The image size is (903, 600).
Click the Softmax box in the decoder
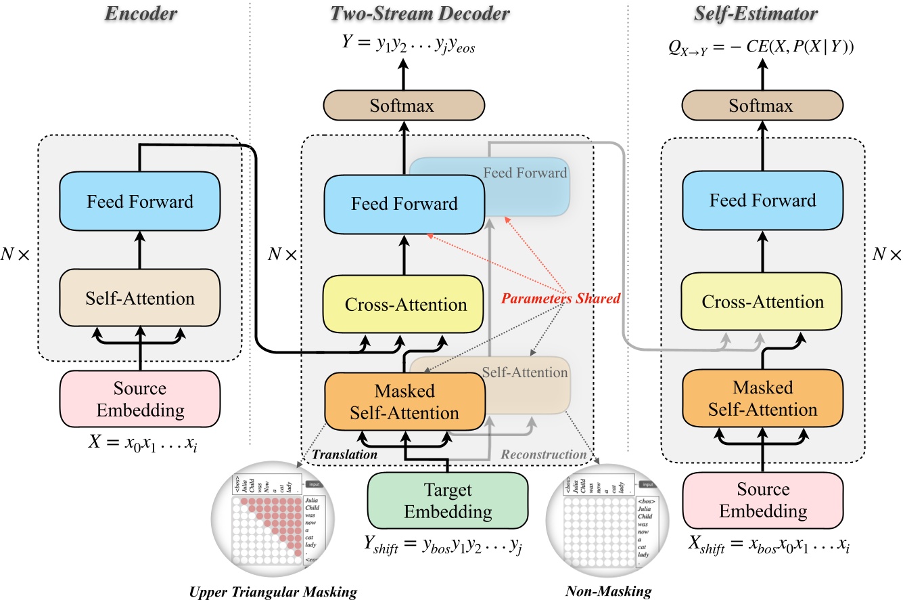tap(404, 107)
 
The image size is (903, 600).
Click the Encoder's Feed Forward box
tap(140, 202)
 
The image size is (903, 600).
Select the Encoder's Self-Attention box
tap(140, 298)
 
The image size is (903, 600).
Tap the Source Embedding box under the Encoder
tap(140, 399)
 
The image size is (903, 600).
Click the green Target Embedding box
tap(448, 500)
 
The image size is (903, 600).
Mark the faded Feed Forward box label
tap(525, 173)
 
